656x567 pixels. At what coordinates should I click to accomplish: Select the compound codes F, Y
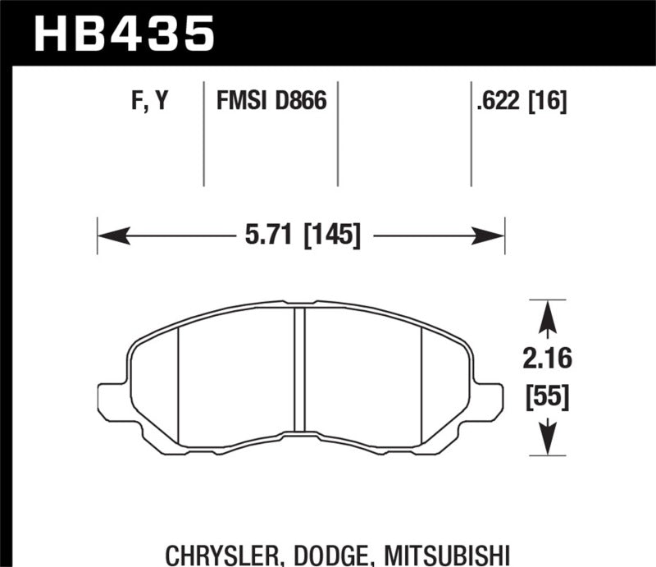[x=149, y=103]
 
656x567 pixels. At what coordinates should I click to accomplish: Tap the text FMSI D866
[x=271, y=103]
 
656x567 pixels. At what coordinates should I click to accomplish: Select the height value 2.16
[x=548, y=359]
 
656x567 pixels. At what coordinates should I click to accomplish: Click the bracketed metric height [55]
[x=548, y=399]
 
